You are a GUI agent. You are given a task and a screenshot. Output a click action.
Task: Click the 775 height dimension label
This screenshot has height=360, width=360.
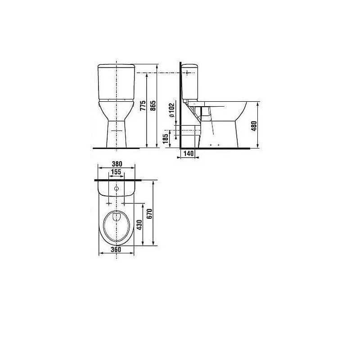tap(143, 105)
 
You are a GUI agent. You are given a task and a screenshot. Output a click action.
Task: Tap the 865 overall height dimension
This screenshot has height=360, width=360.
tap(153, 105)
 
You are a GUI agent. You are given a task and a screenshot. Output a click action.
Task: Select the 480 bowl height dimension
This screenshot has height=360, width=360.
tap(254, 126)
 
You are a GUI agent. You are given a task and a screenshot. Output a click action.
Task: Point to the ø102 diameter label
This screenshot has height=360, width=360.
tap(172, 110)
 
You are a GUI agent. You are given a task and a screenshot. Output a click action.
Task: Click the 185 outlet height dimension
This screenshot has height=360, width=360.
tap(165, 139)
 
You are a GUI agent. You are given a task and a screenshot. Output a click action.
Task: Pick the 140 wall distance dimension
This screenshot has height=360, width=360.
tap(189, 153)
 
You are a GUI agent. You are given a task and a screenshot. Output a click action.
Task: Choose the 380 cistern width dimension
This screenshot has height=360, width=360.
tap(117, 164)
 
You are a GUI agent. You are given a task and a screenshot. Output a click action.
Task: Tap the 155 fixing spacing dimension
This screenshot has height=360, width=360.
tap(116, 172)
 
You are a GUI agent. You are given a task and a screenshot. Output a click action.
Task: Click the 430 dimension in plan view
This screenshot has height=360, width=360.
tap(139, 225)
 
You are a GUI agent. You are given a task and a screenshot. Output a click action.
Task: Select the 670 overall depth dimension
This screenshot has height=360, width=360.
tap(149, 213)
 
